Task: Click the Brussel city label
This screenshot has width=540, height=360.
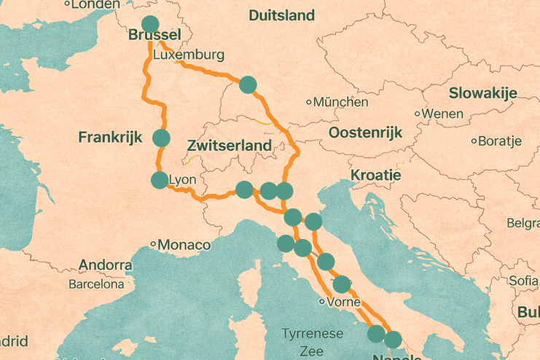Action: coord(154,36)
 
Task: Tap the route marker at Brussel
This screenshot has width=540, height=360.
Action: coord(149,24)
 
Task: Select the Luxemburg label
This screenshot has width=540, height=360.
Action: coord(189,55)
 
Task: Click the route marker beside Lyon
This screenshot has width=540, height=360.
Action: coord(159,180)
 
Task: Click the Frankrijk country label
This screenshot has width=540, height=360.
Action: coord(109,137)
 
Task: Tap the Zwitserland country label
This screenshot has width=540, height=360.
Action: coord(229,145)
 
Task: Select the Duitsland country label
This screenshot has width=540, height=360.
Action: coord(281,15)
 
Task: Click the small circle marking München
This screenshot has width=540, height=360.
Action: coord(309,103)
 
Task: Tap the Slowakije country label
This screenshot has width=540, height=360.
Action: coord(482,93)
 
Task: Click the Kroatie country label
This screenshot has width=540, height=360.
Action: coord(375,176)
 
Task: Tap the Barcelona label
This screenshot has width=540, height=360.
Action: coord(96,284)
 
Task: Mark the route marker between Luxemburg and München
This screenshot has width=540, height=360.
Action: coord(248,85)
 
